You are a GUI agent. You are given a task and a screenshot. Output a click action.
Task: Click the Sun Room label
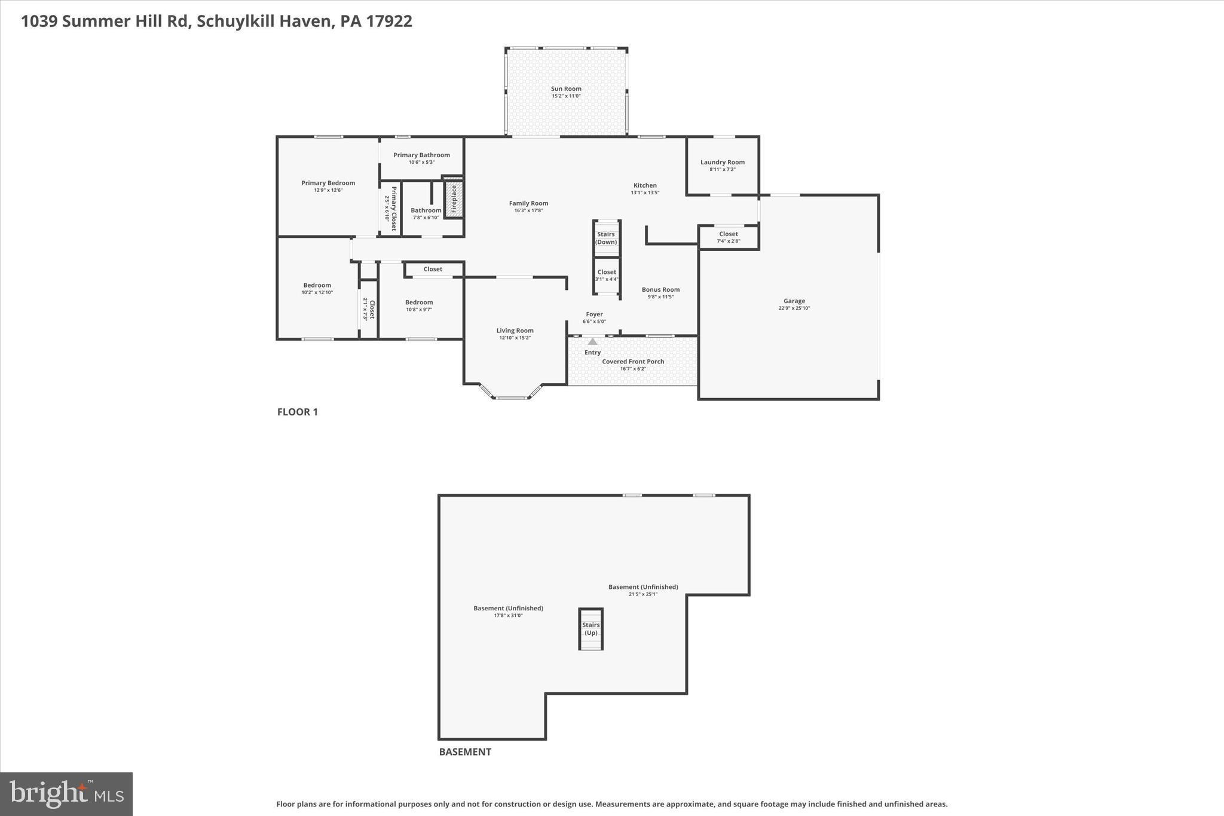pos(565,88)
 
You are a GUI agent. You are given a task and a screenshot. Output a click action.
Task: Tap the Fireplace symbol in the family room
pos(454,199)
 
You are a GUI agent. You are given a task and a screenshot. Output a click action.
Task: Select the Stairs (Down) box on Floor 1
pos(606,238)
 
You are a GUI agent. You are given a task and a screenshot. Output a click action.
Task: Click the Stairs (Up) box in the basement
pos(590,629)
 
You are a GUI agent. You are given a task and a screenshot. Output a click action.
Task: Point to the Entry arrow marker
pos(592,341)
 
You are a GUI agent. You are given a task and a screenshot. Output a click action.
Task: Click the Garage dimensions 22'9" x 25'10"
pos(794,308)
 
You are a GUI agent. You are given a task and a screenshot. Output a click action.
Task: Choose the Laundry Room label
pos(722,162)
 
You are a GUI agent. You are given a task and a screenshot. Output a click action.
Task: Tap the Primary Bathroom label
pos(421,155)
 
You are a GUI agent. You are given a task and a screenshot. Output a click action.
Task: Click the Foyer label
pos(594,314)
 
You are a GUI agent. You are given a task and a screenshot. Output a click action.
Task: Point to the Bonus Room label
pos(660,289)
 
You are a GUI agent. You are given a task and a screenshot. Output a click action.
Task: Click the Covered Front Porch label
pos(633,362)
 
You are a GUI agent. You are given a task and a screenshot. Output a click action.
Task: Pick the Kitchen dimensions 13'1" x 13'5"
pos(645,192)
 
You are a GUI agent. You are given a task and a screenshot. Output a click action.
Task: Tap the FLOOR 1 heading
pos(297,412)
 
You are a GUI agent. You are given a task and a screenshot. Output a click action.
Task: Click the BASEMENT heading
pos(465,752)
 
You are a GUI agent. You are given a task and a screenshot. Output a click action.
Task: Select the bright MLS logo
pos(66,794)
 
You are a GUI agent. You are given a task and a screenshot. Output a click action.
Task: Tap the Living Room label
pos(515,331)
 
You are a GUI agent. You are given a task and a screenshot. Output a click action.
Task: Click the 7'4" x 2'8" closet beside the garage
pos(728,237)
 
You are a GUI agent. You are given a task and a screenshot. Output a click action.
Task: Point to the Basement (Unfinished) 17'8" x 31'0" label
pos(508,609)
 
